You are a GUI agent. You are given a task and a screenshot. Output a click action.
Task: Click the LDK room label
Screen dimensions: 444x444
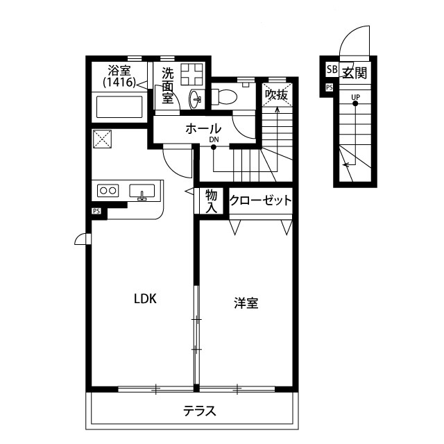[x=145, y=299]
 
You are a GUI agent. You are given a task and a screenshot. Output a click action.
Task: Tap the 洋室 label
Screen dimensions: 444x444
[x=246, y=303]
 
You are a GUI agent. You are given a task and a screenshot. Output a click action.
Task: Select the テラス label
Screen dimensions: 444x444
[x=200, y=411]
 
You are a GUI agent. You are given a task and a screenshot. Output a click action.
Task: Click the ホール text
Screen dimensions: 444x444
[x=203, y=129]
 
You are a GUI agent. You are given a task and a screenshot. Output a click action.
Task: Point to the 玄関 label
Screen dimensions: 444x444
[x=355, y=73]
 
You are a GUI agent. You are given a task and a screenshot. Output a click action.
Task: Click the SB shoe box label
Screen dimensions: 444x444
[x=332, y=69]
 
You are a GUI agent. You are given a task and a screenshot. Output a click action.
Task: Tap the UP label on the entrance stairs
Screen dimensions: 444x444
[x=356, y=97]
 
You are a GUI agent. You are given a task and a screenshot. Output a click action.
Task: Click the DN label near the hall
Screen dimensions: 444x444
[x=214, y=139]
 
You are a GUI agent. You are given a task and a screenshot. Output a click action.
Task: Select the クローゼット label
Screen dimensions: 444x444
[x=260, y=200]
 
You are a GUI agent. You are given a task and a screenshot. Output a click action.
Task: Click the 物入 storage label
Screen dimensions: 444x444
[x=211, y=201]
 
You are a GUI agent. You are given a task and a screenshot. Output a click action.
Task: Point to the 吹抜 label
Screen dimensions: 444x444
[x=276, y=95]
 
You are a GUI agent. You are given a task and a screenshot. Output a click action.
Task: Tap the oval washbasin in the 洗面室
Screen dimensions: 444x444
[x=195, y=99]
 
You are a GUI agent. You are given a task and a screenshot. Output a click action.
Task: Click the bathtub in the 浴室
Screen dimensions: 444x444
[x=119, y=107]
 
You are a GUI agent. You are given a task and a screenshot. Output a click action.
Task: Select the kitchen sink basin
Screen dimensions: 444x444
[x=142, y=191]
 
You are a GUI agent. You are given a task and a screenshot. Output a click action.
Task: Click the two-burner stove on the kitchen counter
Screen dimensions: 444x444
[x=108, y=190]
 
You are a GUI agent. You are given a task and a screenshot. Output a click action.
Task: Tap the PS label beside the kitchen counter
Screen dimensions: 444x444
[x=96, y=211]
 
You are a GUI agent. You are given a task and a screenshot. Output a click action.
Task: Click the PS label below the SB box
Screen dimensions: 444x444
[x=329, y=87]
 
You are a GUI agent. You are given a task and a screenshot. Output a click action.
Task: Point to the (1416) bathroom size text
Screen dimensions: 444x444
[x=120, y=83]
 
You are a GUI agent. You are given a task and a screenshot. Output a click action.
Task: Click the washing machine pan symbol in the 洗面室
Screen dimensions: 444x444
[x=192, y=74]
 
